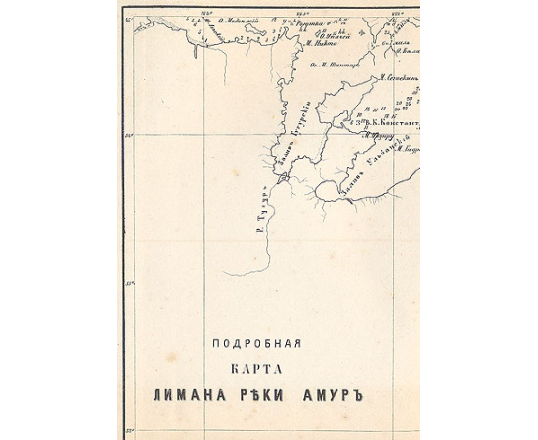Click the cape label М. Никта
(320, 43)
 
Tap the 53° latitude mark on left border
(129, 285)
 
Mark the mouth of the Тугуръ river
(282, 179)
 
